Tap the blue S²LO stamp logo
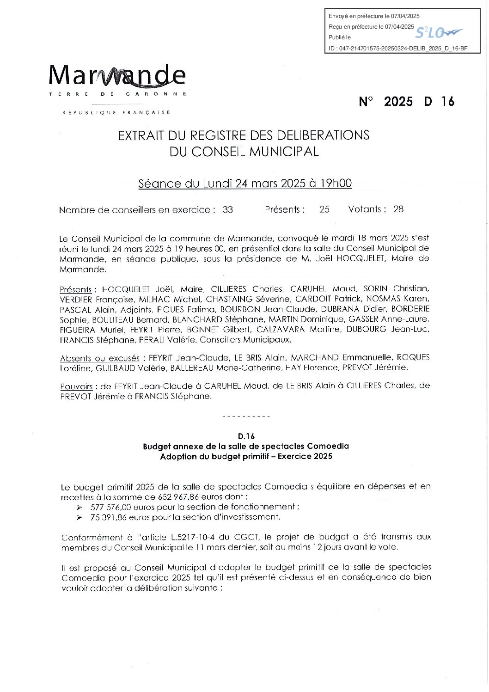(x=438, y=32)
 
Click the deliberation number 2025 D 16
(x=407, y=102)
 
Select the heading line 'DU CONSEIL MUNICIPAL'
(x=244, y=152)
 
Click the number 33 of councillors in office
(x=228, y=209)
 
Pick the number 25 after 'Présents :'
(x=324, y=209)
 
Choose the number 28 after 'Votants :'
(x=398, y=209)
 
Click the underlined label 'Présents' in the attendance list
(x=76, y=290)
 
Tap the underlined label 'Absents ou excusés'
(x=100, y=358)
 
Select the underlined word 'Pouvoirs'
(x=76, y=386)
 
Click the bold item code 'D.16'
(x=246, y=436)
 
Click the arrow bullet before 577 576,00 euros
(x=80, y=508)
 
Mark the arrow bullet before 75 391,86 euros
(x=80, y=518)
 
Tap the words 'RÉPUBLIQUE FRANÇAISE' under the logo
(x=116, y=112)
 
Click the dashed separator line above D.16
(x=246, y=417)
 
